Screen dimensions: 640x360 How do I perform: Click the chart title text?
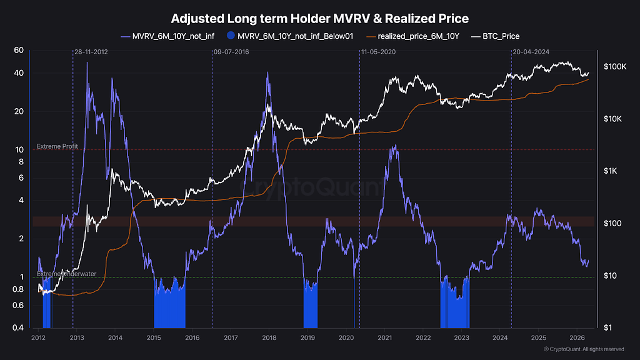(x=319, y=18)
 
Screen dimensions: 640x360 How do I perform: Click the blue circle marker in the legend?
(x=231, y=36)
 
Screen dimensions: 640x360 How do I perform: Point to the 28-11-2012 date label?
(x=91, y=52)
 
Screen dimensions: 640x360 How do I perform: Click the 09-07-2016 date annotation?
(x=231, y=52)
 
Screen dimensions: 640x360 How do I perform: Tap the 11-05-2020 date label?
(x=378, y=52)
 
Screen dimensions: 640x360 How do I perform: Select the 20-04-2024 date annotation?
(x=531, y=52)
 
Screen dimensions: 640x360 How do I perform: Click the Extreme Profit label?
(x=57, y=146)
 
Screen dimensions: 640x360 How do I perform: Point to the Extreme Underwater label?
(x=66, y=274)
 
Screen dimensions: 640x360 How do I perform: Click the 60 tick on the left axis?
(x=19, y=50)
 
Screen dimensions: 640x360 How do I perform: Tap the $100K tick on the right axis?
(x=615, y=66)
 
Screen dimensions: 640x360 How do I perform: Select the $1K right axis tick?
(x=610, y=171)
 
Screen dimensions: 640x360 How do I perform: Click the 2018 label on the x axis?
(x=269, y=337)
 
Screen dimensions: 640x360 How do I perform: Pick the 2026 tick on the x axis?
(x=577, y=337)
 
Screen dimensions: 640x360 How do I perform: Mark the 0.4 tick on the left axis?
(x=18, y=327)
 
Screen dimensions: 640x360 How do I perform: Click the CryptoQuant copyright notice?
(x=584, y=349)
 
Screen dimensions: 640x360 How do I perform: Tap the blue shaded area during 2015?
(x=170, y=308)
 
